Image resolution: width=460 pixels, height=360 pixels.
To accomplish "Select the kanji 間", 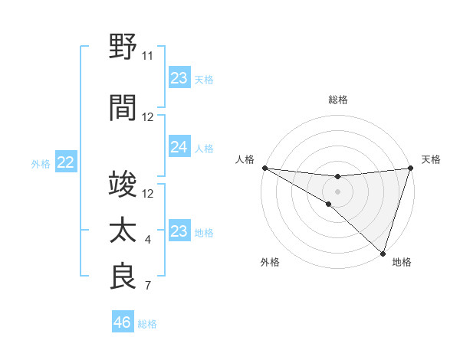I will (x=123, y=108).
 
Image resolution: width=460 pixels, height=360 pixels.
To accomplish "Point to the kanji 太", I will (x=123, y=231).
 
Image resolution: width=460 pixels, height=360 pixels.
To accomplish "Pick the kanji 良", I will (x=123, y=277).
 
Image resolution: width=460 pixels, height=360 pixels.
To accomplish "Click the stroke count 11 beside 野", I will (x=148, y=56).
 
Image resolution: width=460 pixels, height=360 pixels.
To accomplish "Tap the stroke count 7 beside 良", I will (x=148, y=286).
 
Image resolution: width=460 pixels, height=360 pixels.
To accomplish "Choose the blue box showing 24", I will (x=179, y=147).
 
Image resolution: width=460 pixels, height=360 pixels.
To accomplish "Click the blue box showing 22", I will (x=66, y=162).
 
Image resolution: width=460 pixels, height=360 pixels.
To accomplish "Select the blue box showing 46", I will (x=123, y=322).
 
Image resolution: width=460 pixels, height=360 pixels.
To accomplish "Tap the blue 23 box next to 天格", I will (x=179, y=78).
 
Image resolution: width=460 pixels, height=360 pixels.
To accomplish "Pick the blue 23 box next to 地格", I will (x=179, y=231).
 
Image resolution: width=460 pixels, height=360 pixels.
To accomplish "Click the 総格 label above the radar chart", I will (x=338, y=100).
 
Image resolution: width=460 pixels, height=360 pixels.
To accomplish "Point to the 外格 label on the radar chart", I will (x=270, y=262).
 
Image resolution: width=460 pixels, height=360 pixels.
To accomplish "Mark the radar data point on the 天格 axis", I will (x=411, y=168).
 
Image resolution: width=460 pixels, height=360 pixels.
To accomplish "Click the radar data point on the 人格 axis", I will (x=264, y=168).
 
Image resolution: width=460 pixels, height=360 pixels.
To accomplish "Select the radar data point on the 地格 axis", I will (x=383, y=253).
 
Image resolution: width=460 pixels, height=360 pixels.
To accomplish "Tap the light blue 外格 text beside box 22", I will (x=41, y=163).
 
